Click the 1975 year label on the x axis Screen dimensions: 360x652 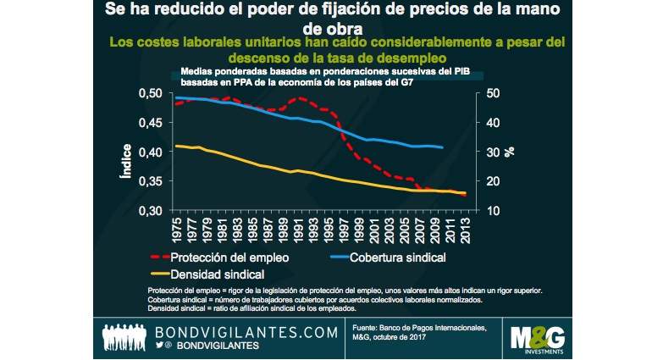[177, 230]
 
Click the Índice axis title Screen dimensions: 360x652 [126, 160]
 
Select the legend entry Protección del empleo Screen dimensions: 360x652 [228, 257]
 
